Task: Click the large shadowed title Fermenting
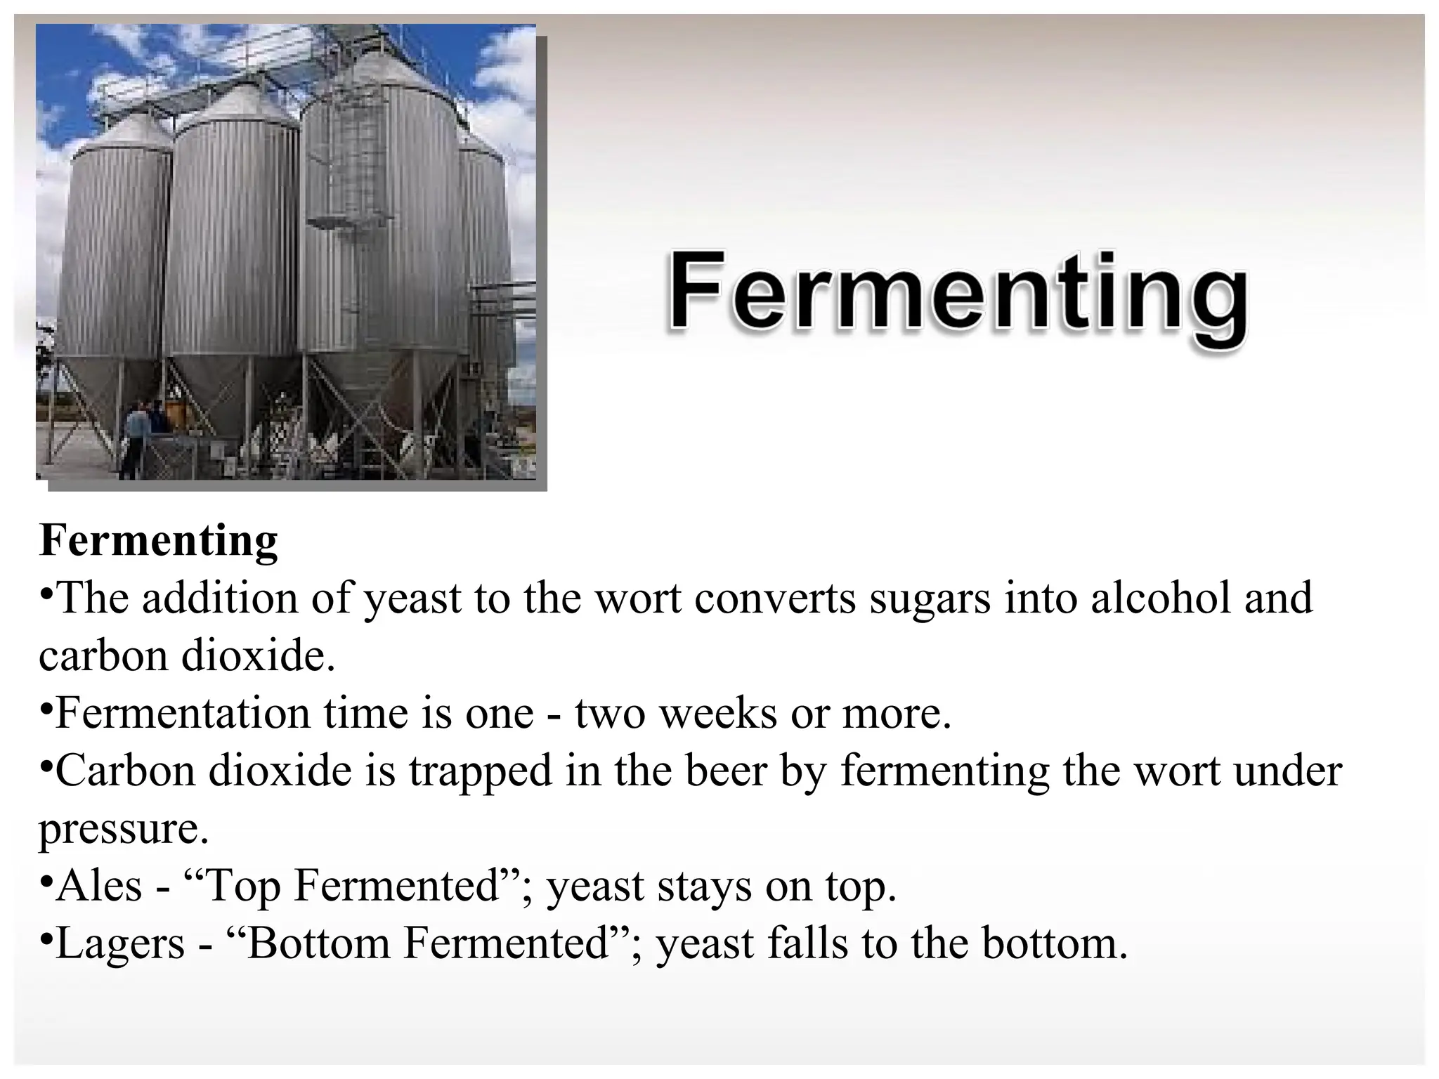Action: [957, 296]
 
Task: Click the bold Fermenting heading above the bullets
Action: [159, 541]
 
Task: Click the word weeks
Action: [718, 714]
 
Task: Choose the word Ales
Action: [99, 887]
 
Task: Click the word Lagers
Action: [120, 944]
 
